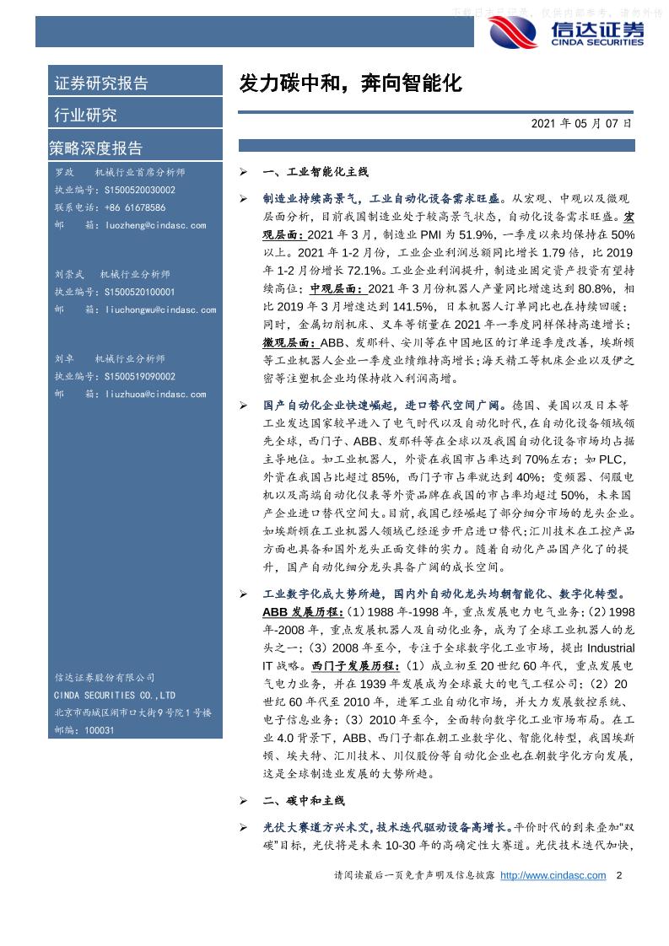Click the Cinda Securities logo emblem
point(514,33)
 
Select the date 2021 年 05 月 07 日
point(581,123)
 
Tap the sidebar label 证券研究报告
point(101,83)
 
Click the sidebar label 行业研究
point(86,116)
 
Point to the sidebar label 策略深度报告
point(96,148)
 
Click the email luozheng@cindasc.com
point(156,225)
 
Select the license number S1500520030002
point(140,191)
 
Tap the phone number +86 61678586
point(135,207)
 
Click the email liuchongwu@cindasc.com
point(161,309)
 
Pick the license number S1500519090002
point(140,377)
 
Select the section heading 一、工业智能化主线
point(316,172)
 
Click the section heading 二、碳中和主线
point(304,800)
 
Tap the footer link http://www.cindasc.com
point(553,876)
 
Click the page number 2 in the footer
point(619,876)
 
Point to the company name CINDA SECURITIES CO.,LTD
point(115,696)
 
